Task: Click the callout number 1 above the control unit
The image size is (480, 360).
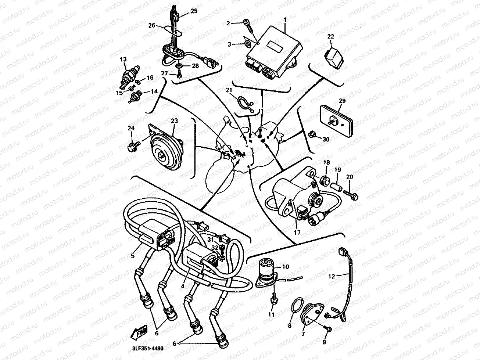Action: (x=285, y=20)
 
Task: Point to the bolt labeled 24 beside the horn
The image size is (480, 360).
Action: (x=134, y=146)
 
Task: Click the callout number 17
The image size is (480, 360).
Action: (x=297, y=233)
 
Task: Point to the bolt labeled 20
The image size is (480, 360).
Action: (x=350, y=195)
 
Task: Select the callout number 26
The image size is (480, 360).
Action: (x=152, y=26)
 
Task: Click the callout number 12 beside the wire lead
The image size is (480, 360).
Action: (x=332, y=276)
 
